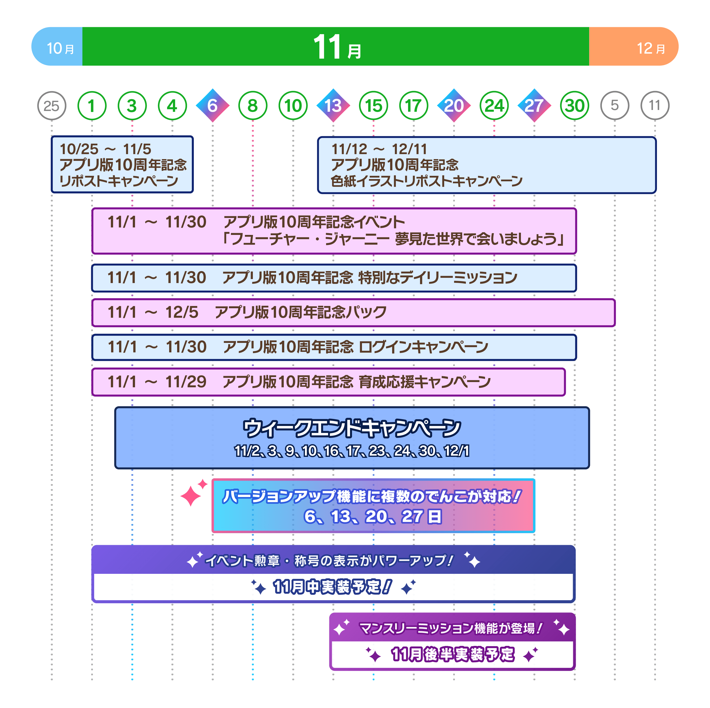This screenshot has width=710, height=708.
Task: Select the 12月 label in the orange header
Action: pos(650,48)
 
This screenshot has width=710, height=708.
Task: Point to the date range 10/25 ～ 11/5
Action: pos(105,149)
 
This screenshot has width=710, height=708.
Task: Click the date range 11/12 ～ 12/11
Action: pos(379,149)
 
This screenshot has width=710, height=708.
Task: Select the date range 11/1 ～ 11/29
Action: pos(157,382)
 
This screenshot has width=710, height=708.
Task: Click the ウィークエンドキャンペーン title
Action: pos(352,428)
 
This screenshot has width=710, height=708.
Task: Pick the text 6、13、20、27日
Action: pos(373,516)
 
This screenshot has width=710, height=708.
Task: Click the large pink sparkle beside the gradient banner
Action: pos(191,495)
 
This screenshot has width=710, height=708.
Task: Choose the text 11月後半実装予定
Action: pos(452,654)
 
